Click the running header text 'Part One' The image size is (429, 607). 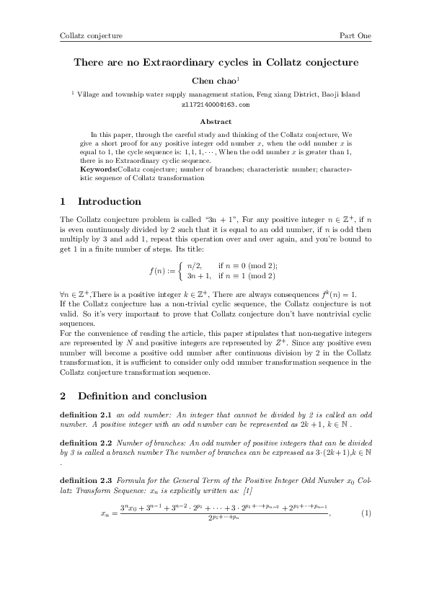click(355, 35)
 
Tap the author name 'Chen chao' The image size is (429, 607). click(213, 81)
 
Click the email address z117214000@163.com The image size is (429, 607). click(215, 105)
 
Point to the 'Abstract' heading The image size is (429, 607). click(215, 122)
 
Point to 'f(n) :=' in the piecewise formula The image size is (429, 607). click(162, 271)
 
